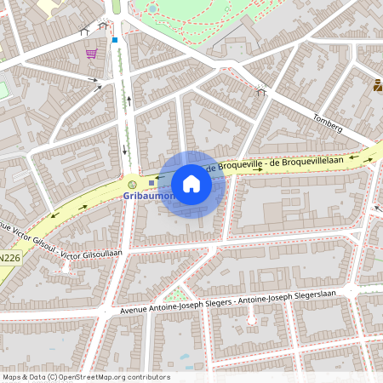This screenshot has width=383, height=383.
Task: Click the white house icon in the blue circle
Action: pyautogui.click(x=191, y=184)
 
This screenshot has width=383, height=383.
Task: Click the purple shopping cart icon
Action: pyautogui.click(x=91, y=53)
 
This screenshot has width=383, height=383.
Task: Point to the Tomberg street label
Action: pyautogui.click(x=328, y=123)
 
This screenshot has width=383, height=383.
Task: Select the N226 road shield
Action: pyautogui.click(x=9, y=257)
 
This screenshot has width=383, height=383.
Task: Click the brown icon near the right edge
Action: pyautogui.click(x=378, y=85)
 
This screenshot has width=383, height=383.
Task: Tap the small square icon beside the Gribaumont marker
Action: pyautogui.click(x=151, y=182)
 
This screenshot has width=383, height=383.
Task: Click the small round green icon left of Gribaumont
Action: pyautogui.click(x=132, y=184)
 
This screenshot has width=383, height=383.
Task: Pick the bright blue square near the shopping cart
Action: pyautogui.click(x=114, y=39)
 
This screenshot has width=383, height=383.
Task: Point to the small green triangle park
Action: pyautogui.click(x=176, y=294)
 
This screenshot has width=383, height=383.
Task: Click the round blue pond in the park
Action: pyautogui.click(x=152, y=9)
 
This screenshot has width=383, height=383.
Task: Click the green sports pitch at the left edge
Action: pyautogui.click(x=3, y=89)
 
